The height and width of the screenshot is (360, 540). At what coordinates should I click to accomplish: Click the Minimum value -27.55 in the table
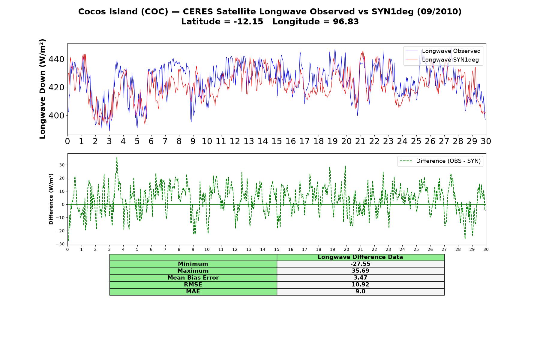pyautogui.click(x=360, y=264)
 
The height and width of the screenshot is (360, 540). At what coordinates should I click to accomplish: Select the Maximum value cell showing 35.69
pyautogui.click(x=360, y=271)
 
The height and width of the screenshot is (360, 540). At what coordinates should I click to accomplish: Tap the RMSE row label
pyautogui.click(x=193, y=285)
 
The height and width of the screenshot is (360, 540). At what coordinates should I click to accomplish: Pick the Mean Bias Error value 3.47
pyautogui.click(x=360, y=278)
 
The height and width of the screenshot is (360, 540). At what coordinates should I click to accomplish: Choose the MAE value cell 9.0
pyautogui.click(x=360, y=292)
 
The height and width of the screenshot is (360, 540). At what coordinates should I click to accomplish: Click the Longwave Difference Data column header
pyautogui.click(x=360, y=257)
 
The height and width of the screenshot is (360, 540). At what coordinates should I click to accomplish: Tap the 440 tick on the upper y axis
pyautogui.click(x=56, y=59)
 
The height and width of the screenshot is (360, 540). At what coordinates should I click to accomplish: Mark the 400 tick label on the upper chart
pyautogui.click(x=56, y=115)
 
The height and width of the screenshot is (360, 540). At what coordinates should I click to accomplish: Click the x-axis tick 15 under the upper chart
pyautogui.click(x=277, y=141)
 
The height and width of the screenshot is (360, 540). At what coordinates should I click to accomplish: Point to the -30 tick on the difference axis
pyautogui.click(x=60, y=244)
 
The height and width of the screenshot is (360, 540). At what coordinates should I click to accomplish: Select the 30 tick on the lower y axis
pyautogui.click(x=62, y=165)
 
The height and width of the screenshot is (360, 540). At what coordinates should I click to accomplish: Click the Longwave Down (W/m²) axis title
pyautogui.click(x=42, y=89)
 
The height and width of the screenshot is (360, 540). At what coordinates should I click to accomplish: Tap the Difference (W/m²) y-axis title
pyautogui.click(x=51, y=199)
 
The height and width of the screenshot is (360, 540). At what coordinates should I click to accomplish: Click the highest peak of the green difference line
pyautogui.click(x=117, y=157)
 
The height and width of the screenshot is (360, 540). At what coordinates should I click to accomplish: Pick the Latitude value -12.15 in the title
pyautogui.click(x=248, y=22)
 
